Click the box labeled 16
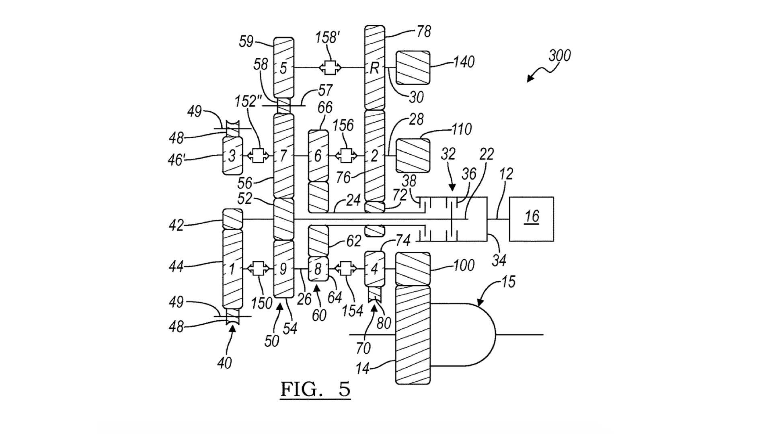pyautogui.click(x=531, y=219)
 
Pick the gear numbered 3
pyautogui.click(x=232, y=156)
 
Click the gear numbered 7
pyautogui.click(x=283, y=156)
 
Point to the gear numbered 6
pyautogui.click(x=318, y=156)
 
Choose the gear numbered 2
pyautogui.click(x=374, y=156)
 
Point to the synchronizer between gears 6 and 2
pyautogui.click(x=346, y=156)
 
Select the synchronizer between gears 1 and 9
pyautogui.click(x=258, y=268)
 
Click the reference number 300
pyautogui.click(x=559, y=55)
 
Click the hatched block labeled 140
pyautogui.click(x=413, y=68)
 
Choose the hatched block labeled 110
pyautogui.click(x=413, y=156)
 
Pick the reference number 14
pyautogui.click(x=362, y=368)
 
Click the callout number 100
pyautogui.click(x=464, y=265)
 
